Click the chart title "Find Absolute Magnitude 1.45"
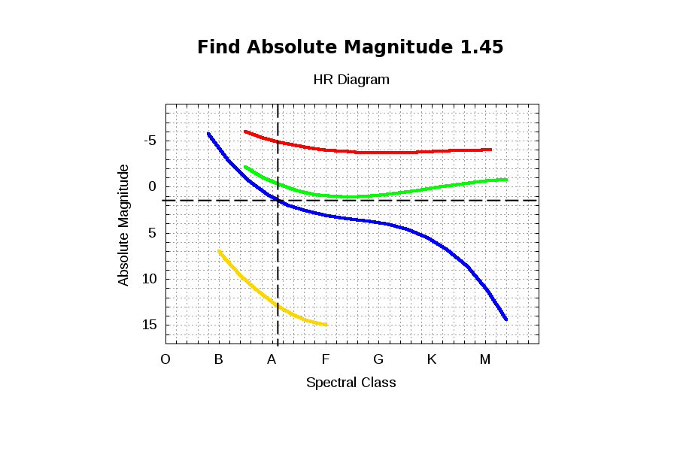[350, 47]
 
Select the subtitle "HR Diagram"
[351, 79]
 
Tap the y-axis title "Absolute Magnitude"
[123, 225]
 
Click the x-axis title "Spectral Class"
[351, 383]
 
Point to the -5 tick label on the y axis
[150, 141]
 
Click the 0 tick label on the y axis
[153, 186]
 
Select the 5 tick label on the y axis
[153, 233]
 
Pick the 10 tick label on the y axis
[149, 279]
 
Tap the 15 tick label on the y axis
[149, 325]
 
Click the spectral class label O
[165, 359]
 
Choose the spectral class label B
[219, 359]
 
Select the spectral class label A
[272, 359]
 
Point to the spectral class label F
[326, 359]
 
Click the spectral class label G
[378, 359]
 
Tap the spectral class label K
[432, 359]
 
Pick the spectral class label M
[485, 359]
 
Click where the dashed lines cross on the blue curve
[278, 200]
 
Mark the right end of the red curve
[490, 150]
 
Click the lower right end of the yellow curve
[326, 325]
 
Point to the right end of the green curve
[506, 180]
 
